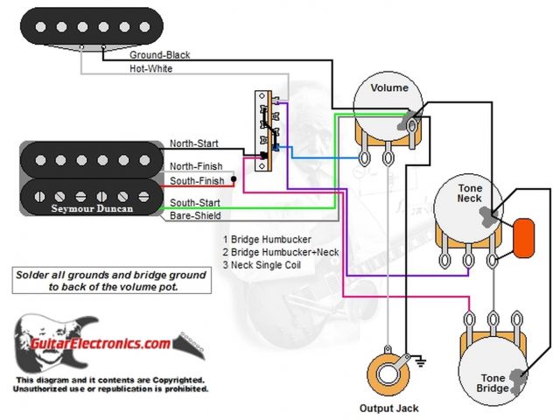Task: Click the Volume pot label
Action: (x=389, y=88)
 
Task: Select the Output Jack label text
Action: (x=388, y=408)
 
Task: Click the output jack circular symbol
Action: (x=387, y=368)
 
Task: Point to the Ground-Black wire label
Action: (x=159, y=54)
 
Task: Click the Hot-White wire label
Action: (x=150, y=67)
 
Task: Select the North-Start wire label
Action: (x=194, y=143)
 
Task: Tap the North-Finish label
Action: (x=196, y=166)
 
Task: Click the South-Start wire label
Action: (x=194, y=203)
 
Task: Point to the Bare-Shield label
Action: (x=194, y=215)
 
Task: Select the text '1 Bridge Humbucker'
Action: (x=267, y=239)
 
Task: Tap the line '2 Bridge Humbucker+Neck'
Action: (x=280, y=251)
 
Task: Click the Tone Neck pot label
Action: (x=469, y=193)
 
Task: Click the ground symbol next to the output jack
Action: (x=420, y=359)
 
